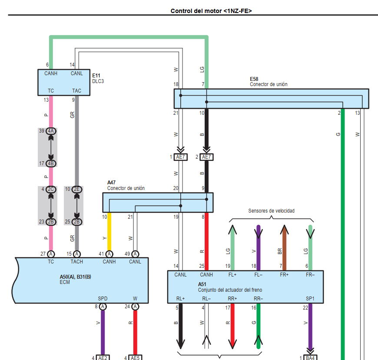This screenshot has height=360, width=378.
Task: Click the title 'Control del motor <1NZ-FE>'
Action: pos(211,11)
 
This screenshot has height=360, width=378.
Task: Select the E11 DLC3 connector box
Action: pos(63,82)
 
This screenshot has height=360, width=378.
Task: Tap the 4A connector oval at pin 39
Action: pos(51,131)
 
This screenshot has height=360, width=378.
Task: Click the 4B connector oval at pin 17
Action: pos(51,163)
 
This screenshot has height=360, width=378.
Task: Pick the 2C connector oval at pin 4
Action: pos(51,189)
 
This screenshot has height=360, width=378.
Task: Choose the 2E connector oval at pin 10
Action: pos(77,189)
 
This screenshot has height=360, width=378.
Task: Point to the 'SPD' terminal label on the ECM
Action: pos(103,299)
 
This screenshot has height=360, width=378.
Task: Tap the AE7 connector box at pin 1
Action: pos(181,157)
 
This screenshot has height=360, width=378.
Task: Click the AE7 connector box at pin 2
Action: pos(206,157)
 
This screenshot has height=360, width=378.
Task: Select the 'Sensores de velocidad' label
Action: pos(271,211)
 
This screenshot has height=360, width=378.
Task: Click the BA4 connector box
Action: pos(310,357)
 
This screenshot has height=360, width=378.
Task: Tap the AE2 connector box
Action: pos(103,357)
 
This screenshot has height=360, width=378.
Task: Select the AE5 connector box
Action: pos(135,357)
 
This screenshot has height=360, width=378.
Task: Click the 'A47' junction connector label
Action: pos(112,183)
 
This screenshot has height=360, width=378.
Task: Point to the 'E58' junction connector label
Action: pos(254,79)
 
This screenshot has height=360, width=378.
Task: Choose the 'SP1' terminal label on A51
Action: pos(310,299)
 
